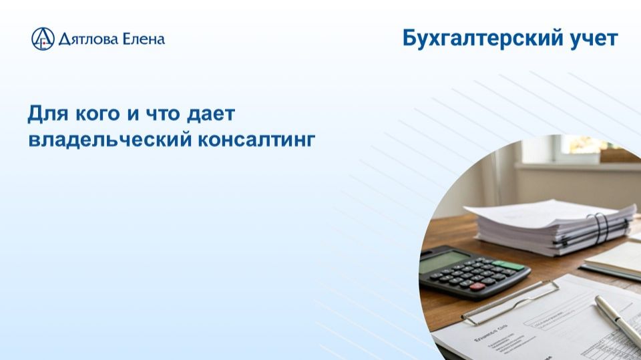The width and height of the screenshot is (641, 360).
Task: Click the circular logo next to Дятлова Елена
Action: (42, 39)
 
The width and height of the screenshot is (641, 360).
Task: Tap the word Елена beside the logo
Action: (143, 39)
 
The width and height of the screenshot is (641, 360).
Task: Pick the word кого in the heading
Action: (95, 114)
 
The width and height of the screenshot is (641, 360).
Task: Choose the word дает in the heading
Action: (213, 114)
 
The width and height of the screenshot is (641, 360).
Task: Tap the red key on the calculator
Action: (478, 287)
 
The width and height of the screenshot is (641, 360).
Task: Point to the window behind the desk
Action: (574, 150)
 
